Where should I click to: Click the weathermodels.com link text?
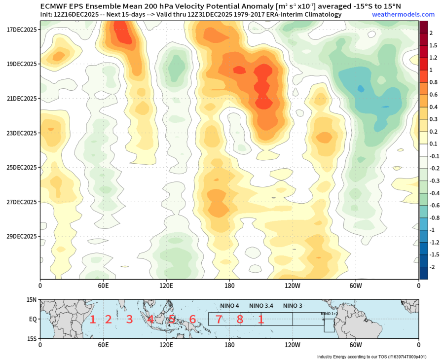tap(403, 14)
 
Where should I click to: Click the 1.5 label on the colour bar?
tap(434, 45)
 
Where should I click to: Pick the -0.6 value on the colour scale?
tap(434, 206)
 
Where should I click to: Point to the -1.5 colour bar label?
tap(434, 254)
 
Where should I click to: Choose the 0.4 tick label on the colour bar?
tap(433, 107)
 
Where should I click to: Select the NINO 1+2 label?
tap(329, 314)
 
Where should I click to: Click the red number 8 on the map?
tap(240, 320)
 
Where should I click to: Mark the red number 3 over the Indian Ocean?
tap(129, 320)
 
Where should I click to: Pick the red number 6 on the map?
tap(192, 320)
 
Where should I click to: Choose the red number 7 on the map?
tap(219, 320)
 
